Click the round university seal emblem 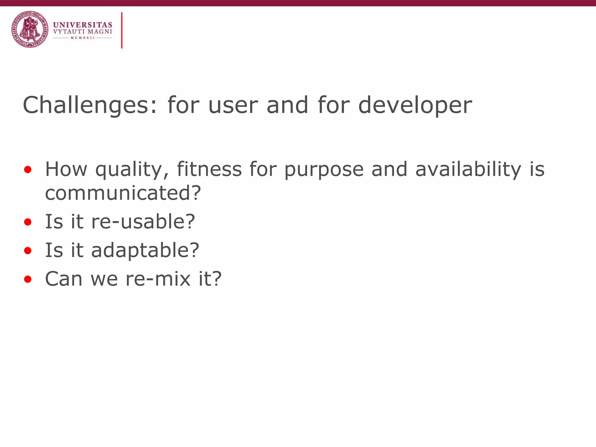point(30,29)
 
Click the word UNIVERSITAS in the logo point(83,25)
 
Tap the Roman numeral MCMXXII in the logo point(83,38)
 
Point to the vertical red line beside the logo point(122,30)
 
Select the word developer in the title point(415,105)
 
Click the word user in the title point(233,105)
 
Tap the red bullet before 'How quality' point(28,170)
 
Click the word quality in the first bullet point(132,170)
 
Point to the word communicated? point(123,193)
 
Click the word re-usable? point(143,222)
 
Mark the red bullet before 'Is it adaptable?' point(28,251)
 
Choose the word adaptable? point(145,251)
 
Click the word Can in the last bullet point(64,279)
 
